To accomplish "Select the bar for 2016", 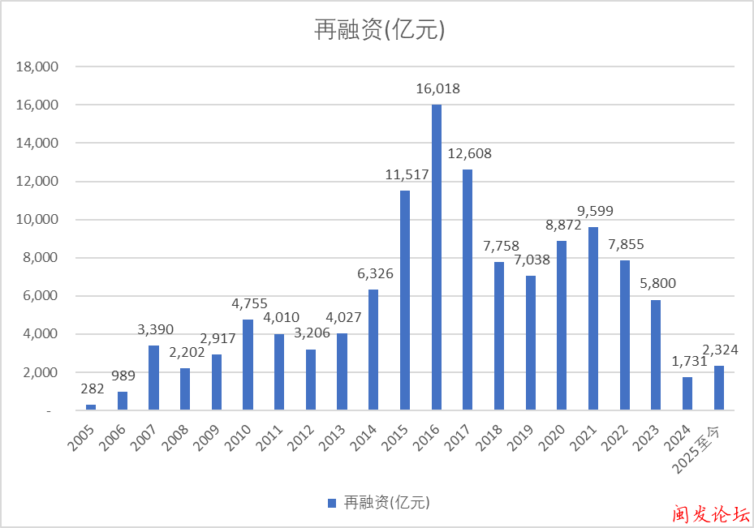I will tap(437, 257).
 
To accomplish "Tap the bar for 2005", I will tap(91, 407).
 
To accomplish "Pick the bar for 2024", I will tap(687, 393).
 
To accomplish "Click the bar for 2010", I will tap(248, 365).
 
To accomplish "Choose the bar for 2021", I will tap(593, 319).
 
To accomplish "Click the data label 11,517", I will tap(405, 174).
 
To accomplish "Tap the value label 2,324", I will tap(719, 350).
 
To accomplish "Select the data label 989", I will tap(123, 376).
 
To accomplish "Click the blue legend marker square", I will tap(331, 504).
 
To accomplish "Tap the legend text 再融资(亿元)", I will tap(386, 504).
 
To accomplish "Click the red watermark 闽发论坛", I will tap(710, 513).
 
